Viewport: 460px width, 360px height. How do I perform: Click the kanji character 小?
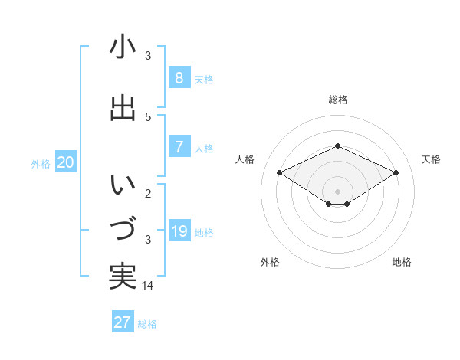pos(123,47)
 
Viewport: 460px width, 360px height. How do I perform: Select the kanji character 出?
pos(123,109)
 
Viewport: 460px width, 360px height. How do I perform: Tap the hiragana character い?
pos(123,186)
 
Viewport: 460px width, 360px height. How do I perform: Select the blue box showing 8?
pos(179,78)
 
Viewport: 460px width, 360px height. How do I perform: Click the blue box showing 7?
pos(179,147)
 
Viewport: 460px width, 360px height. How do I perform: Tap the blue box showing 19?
pos(179,231)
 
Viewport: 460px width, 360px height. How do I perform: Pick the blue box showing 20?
pos(66,162)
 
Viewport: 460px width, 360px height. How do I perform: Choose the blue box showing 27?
pos(123,322)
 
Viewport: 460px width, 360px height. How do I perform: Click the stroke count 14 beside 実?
pos(149,285)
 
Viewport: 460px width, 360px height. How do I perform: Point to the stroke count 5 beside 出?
pos(148,116)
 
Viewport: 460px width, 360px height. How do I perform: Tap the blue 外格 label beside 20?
pos(41,163)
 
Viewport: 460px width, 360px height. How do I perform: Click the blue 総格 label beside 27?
pos(147,324)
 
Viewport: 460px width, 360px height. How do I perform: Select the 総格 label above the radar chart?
pos(337,100)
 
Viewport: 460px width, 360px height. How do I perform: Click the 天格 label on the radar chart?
pos(431,159)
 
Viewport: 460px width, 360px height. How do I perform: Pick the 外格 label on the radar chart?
pos(270,262)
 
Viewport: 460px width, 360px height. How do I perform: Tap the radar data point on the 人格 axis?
pos(280,173)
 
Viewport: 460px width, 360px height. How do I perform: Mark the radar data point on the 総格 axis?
pos(337,146)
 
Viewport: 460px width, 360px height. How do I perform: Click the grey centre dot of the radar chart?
pos(337,191)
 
